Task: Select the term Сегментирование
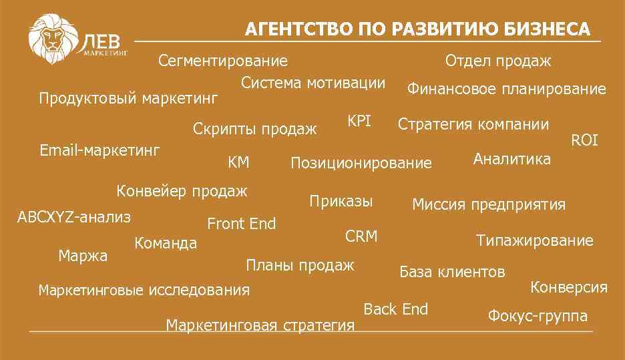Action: pyautogui.click(x=223, y=61)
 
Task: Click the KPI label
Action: pyautogui.click(x=359, y=122)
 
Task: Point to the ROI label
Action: pyautogui.click(x=584, y=140)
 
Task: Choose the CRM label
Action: pyautogui.click(x=361, y=236)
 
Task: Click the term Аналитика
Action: pyautogui.click(x=511, y=159)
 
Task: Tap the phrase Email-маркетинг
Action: pyautogui.click(x=99, y=150)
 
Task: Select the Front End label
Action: pyautogui.click(x=242, y=224)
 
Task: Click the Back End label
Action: pyautogui.click(x=396, y=309)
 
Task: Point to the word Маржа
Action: pyautogui.click(x=83, y=256)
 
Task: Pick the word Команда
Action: pyautogui.click(x=166, y=243)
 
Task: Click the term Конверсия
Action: pyautogui.click(x=569, y=287)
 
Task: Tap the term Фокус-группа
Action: pyautogui.click(x=538, y=316)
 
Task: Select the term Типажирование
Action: pyautogui.click(x=534, y=240)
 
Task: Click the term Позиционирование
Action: pyautogui.click(x=361, y=163)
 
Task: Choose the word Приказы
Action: pyautogui.click(x=341, y=202)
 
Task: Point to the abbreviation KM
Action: pyautogui.click(x=238, y=162)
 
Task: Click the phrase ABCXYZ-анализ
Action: pyautogui.click(x=74, y=217)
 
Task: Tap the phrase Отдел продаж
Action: pyautogui.click(x=498, y=61)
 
